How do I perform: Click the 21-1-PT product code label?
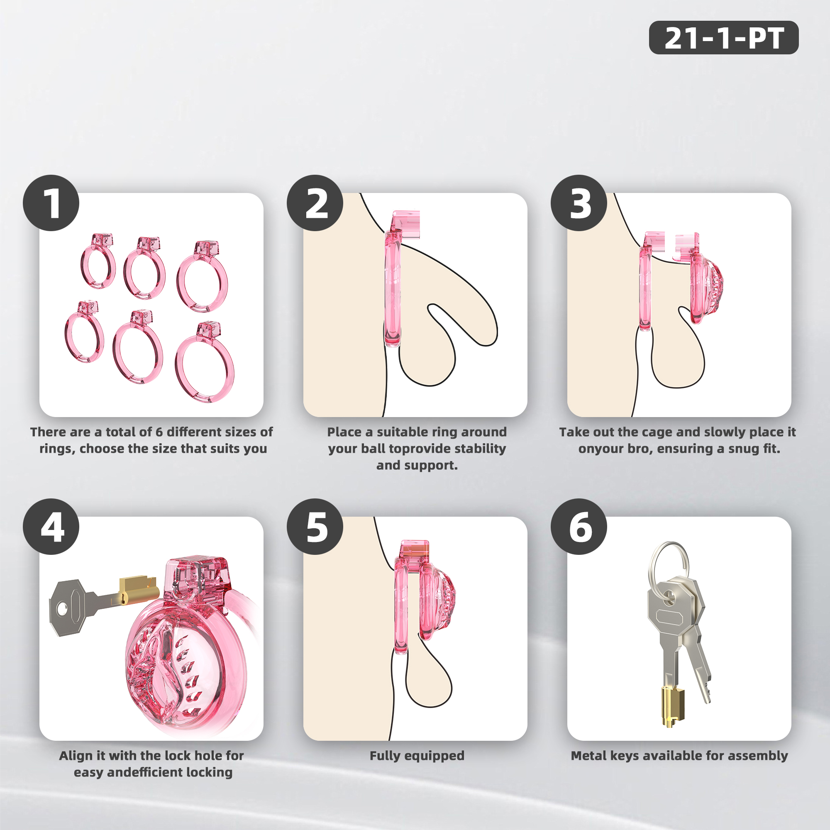(723, 38)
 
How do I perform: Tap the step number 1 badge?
(51, 203)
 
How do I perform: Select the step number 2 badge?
(315, 203)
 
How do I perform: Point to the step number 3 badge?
(579, 203)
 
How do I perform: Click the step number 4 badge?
(51, 526)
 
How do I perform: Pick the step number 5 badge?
(315, 526)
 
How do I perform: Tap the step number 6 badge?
(579, 526)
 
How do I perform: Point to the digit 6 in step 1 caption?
(159, 432)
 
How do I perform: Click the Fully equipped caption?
(417, 756)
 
